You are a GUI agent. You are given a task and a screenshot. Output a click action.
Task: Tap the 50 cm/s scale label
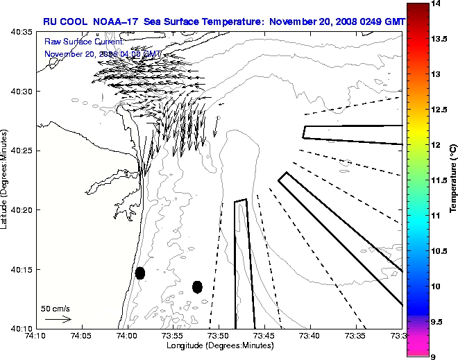click(x=56, y=308)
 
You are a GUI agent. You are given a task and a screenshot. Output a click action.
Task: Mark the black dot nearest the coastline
click(x=140, y=273)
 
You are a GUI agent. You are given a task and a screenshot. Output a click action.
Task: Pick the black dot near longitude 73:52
click(x=197, y=286)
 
